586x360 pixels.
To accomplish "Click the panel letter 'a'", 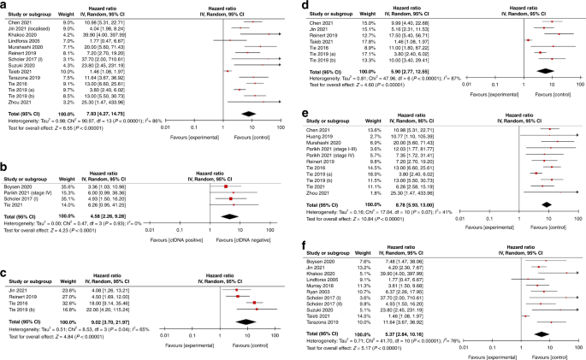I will click(x=3, y=4).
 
